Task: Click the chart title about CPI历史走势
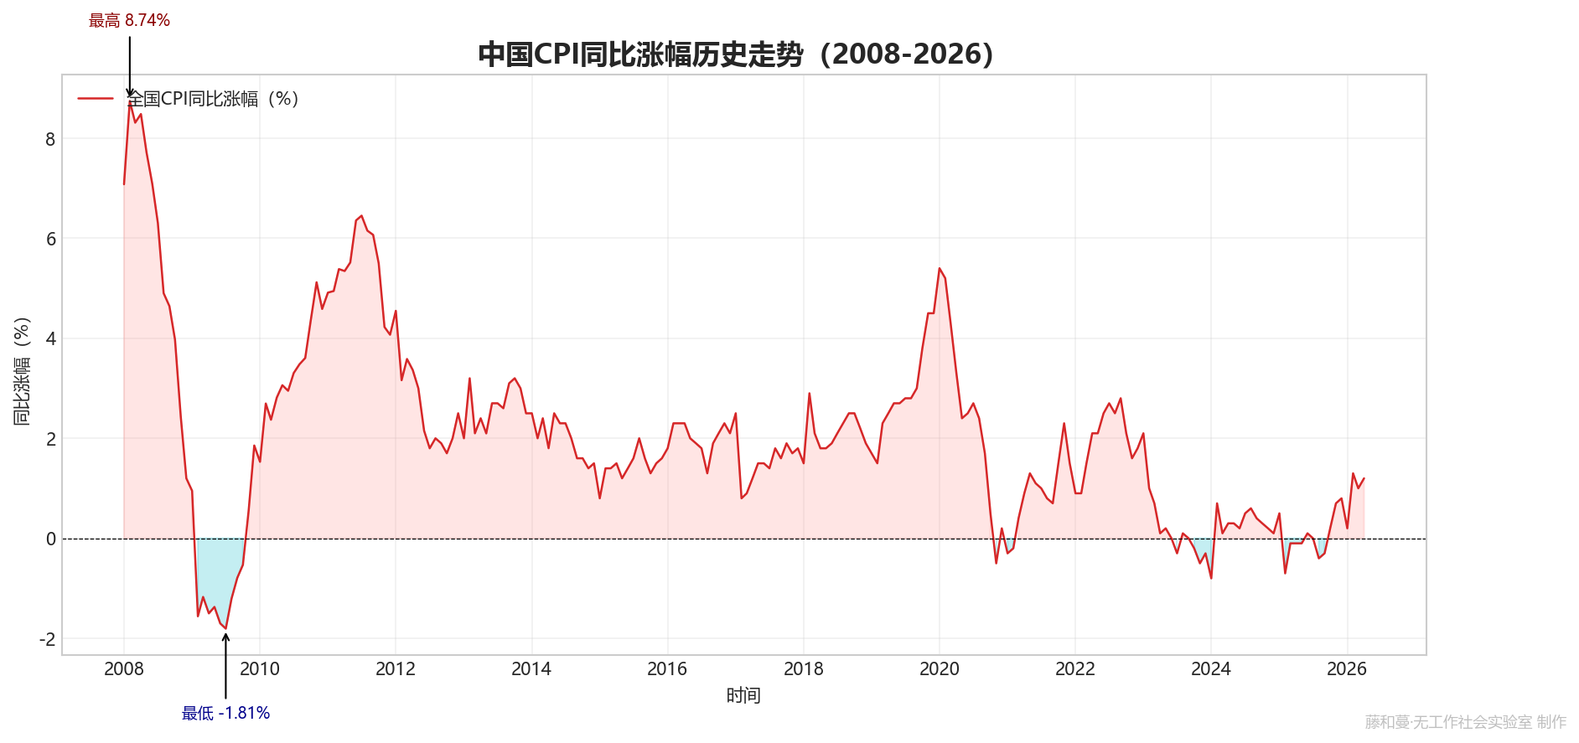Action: click(736, 54)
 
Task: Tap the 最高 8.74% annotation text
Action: click(129, 20)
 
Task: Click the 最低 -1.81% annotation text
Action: click(225, 713)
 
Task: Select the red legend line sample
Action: click(96, 98)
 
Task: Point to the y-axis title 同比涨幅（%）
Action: click(22, 371)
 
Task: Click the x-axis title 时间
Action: click(743, 695)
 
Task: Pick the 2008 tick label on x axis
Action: click(124, 668)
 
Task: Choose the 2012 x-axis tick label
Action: click(396, 668)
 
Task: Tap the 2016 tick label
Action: click(667, 668)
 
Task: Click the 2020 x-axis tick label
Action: click(940, 668)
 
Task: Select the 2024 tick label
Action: click(1211, 668)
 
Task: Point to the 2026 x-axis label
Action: click(1347, 668)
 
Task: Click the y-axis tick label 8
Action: click(50, 139)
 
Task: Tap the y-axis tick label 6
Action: click(50, 239)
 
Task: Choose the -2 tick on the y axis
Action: click(47, 639)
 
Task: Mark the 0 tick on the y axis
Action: click(50, 539)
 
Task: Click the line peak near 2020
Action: click(940, 268)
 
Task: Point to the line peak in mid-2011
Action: click(361, 215)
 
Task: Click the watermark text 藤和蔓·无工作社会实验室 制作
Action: click(1466, 722)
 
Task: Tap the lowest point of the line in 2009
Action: click(225, 628)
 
